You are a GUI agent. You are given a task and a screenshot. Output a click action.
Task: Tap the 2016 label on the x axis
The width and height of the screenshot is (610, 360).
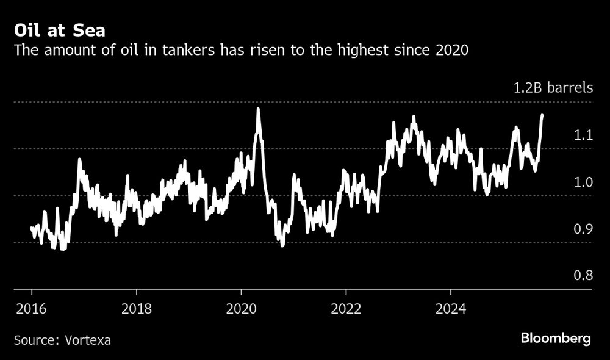[x=30, y=308]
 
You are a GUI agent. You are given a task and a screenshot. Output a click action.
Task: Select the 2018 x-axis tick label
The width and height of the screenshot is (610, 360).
[x=137, y=308]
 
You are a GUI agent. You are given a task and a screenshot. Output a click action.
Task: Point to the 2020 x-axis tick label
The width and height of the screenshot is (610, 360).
[x=242, y=308]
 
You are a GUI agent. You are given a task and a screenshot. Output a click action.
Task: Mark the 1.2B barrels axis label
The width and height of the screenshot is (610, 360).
[x=552, y=87]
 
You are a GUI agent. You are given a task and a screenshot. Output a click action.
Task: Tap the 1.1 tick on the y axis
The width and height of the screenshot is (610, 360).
[x=584, y=134]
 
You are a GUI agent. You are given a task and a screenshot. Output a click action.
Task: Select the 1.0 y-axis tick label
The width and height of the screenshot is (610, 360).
[x=584, y=181]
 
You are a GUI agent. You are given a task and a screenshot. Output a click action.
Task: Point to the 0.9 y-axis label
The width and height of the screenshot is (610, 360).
[x=584, y=228]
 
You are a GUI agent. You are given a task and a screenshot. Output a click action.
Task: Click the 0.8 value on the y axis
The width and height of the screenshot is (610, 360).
[x=584, y=275]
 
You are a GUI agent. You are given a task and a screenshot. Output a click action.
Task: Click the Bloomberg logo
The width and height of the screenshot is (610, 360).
[x=556, y=339]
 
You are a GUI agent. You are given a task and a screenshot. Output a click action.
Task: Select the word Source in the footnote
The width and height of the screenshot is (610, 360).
[x=34, y=339]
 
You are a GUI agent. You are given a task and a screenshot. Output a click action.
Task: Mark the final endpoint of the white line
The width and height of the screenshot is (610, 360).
[x=542, y=115]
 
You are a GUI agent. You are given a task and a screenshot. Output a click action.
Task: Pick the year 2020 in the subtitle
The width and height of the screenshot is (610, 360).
[x=451, y=51]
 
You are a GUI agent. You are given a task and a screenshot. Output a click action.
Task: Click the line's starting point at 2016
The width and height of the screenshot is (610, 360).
[x=31, y=228]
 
